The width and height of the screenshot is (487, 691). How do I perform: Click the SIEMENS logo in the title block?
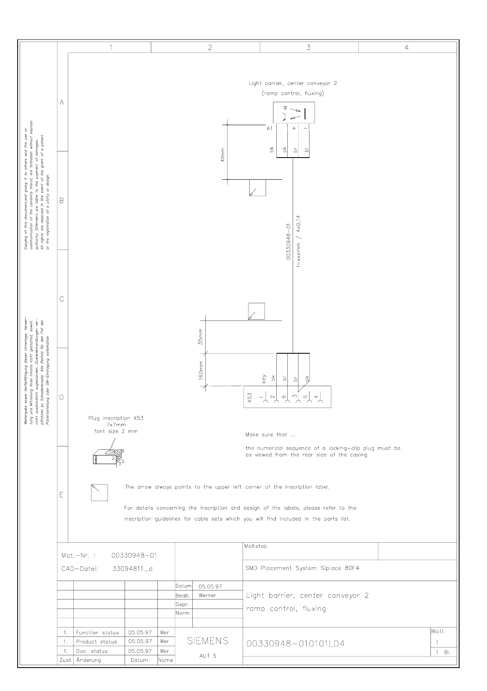tap(208, 641)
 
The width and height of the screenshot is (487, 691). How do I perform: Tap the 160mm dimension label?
tap(201, 370)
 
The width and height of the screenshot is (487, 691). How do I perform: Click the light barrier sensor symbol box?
tap(294, 112)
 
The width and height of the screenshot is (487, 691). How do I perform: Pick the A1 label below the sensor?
tap(269, 128)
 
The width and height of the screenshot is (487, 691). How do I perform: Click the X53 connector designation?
tap(250, 397)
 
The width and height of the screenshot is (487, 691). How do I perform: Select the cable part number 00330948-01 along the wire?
tap(288, 242)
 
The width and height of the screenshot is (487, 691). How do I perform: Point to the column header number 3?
tap(308, 48)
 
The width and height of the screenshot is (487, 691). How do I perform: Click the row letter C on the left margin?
tap(62, 299)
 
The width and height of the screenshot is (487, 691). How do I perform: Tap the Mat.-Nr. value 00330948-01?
tap(134, 556)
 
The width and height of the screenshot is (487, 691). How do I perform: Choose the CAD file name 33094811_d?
tap(132, 569)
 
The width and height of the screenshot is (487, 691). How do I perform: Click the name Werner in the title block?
tap(207, 595)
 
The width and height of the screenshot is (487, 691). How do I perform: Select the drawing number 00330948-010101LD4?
tap(295, 643)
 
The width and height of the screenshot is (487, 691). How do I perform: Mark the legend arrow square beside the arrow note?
tap(99, 492)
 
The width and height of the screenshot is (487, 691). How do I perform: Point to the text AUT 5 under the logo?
tap(208, 656)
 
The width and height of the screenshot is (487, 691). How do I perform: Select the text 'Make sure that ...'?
tap(270, 435)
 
